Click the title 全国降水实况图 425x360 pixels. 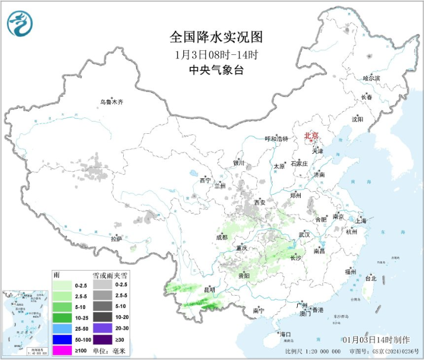tap(216, 38)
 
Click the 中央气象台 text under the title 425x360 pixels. tap(216, 70)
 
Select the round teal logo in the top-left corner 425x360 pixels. tap(20, 23)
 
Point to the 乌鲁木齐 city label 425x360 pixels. tap(111, 102)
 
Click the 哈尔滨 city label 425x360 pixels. tap(371, 78)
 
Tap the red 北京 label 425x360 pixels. tap(311, 136)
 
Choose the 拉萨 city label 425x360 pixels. tap(116, 238)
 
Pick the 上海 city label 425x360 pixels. tap(360, 221)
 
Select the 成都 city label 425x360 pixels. tap(221, 237)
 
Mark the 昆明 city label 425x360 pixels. tap(209, 289)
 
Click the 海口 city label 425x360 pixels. tap(285, 334)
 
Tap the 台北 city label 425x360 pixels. tap(371, 279)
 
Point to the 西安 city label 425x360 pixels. tap(259, 202)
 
